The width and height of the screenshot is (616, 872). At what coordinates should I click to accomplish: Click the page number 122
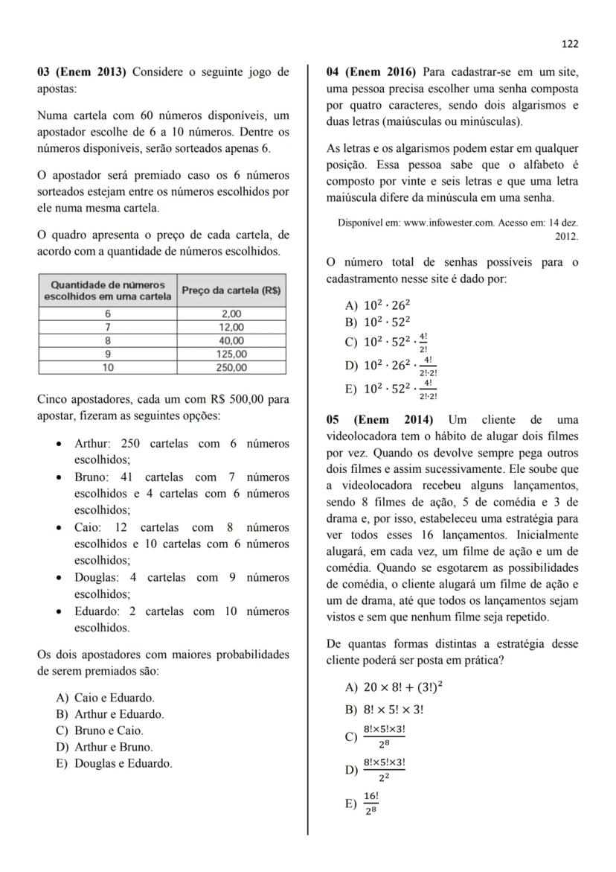click(x=569, y=44)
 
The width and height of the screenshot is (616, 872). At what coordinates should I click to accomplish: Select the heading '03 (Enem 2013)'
click(x=82, y=72)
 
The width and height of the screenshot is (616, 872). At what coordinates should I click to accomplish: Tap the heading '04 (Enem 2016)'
click(x=370, y=72)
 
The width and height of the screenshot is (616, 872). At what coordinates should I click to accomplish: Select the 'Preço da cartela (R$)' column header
click(x=231, y=290)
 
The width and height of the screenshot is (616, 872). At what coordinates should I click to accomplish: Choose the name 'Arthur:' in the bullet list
click(x=92, y=444)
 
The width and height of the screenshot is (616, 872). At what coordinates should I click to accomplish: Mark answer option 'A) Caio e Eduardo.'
click(x=106, y=698)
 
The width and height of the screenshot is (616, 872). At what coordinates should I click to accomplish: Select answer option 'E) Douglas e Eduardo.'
click(x=114, y=763)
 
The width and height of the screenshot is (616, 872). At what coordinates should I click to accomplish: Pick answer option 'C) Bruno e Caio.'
click(x=100, y=731)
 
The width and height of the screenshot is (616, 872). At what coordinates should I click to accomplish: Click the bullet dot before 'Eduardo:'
click(x=60, y=612)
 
